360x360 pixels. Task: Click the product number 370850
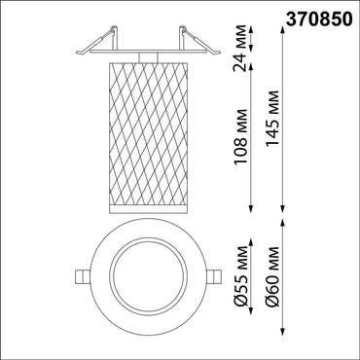(x=318, y=19)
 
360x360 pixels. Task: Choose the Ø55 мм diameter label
(x=240, y=276)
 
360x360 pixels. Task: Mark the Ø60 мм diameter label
(x=271, y=276)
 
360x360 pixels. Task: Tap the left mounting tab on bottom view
(x=83, y=277)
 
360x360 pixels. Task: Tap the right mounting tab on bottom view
(x=214, y=277)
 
